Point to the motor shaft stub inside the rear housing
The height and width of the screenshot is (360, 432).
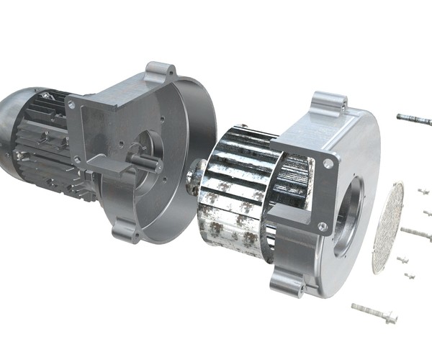tap(145, 163)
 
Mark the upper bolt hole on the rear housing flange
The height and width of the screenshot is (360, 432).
tap(71, 105)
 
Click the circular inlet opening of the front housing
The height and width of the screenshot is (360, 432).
tap(349, 209)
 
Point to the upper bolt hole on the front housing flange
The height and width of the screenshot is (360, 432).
tap(328, 164)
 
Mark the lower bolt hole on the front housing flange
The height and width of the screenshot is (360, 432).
tap(322, 227)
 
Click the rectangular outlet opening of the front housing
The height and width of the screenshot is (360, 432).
tap(292, 180)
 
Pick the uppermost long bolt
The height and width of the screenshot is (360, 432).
tap(414, 118)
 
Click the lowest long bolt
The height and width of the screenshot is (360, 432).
tap(374, 312)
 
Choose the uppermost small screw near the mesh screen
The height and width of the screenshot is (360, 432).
tap(423, 192)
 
